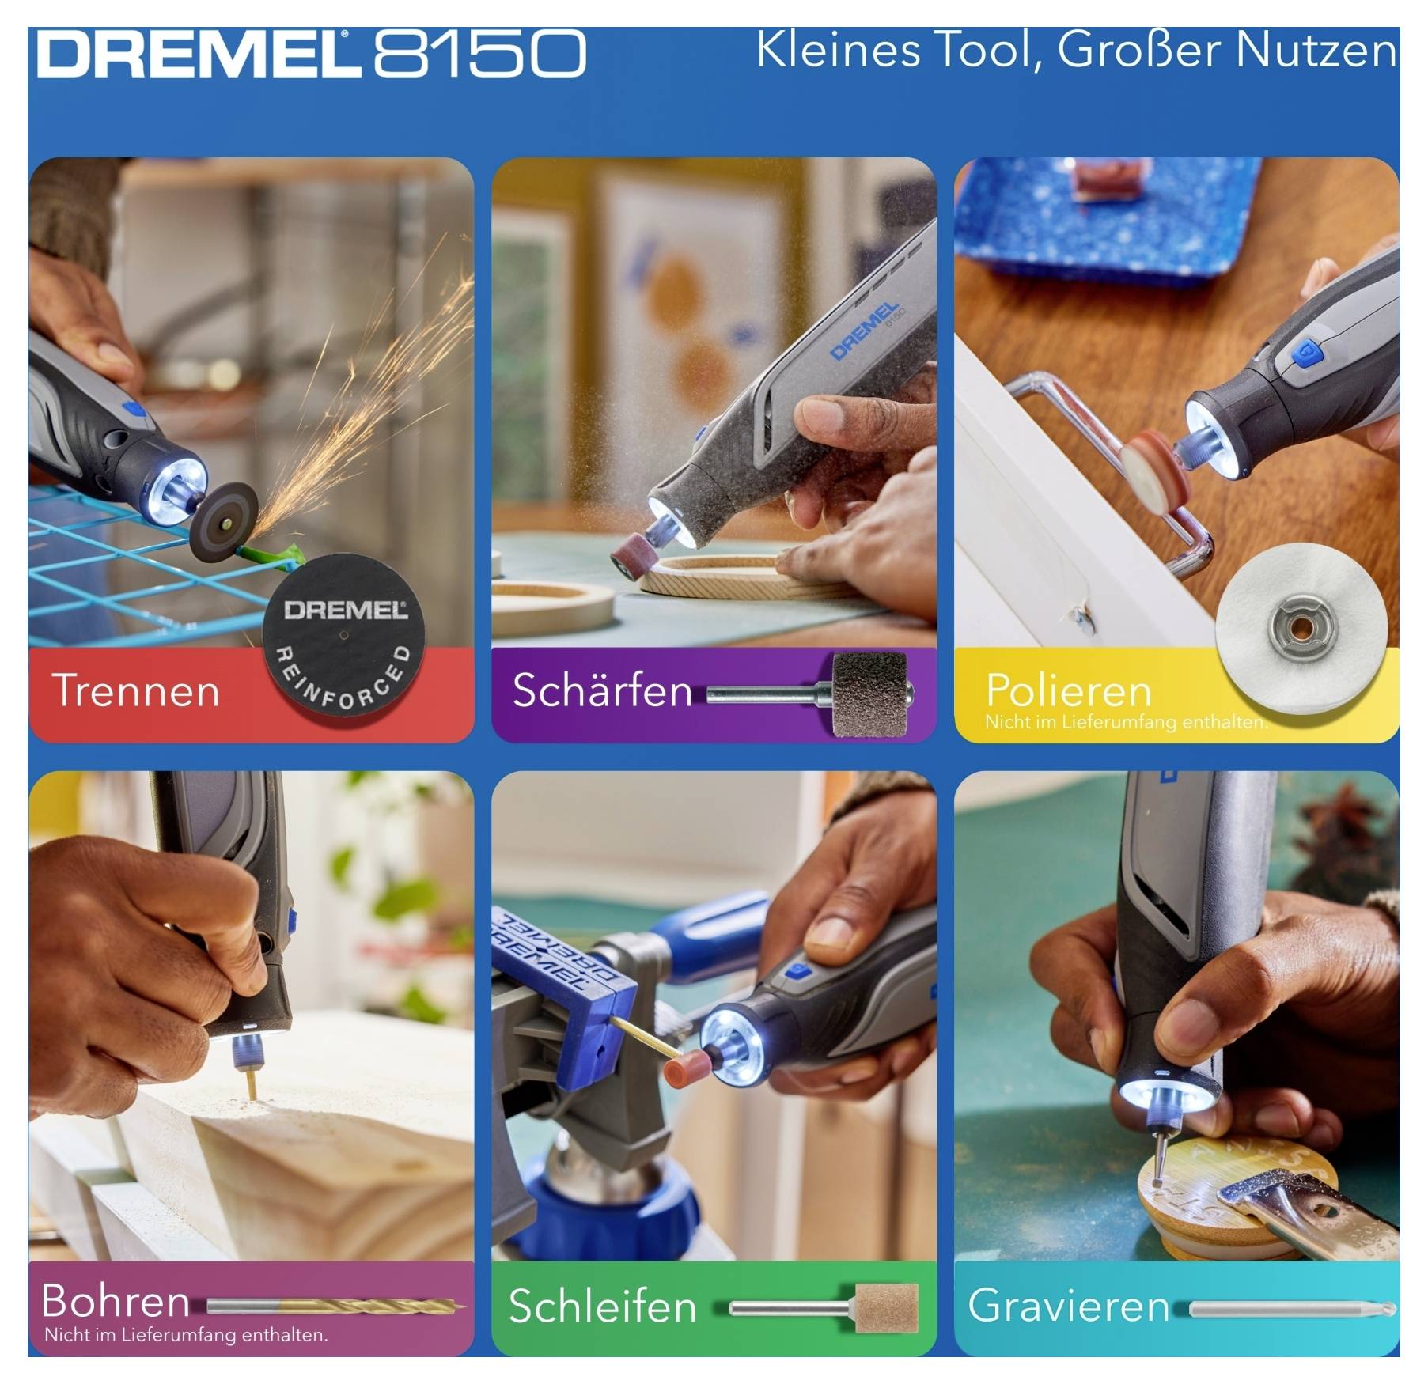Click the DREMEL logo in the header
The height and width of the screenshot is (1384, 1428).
pyautogui.click(x=194, y=54)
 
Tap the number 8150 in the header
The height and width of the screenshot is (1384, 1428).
pyautogui.click(x=479, y=54)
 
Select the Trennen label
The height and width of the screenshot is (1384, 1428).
pyautogui.click(x=135, y=690)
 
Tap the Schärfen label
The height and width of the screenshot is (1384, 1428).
pyautogui.click(x=602, y=690)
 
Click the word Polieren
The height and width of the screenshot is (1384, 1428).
pyautogui.click(x=1068, y=690)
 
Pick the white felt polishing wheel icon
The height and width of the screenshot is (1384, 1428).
pyautogui.click(x=1301, y=629)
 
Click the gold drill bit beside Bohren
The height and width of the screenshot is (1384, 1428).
pyautogui.click(x=372, y=1305)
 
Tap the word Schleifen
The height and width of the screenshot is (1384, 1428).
pyautogui.click(x=602, y=1306)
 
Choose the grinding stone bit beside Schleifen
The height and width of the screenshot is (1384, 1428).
pyautogui.click(x=886, y=1306)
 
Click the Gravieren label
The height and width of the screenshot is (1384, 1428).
pyautogui.click(x=1068, y=1306)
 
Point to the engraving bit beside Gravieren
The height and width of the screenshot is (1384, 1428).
pyautogui.click(x=1292, y=1309)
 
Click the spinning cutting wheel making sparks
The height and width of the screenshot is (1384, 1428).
pyautogui.click(x=224, y=518)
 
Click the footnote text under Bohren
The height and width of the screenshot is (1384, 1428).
pyautogui.click(x=186, y=1335)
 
